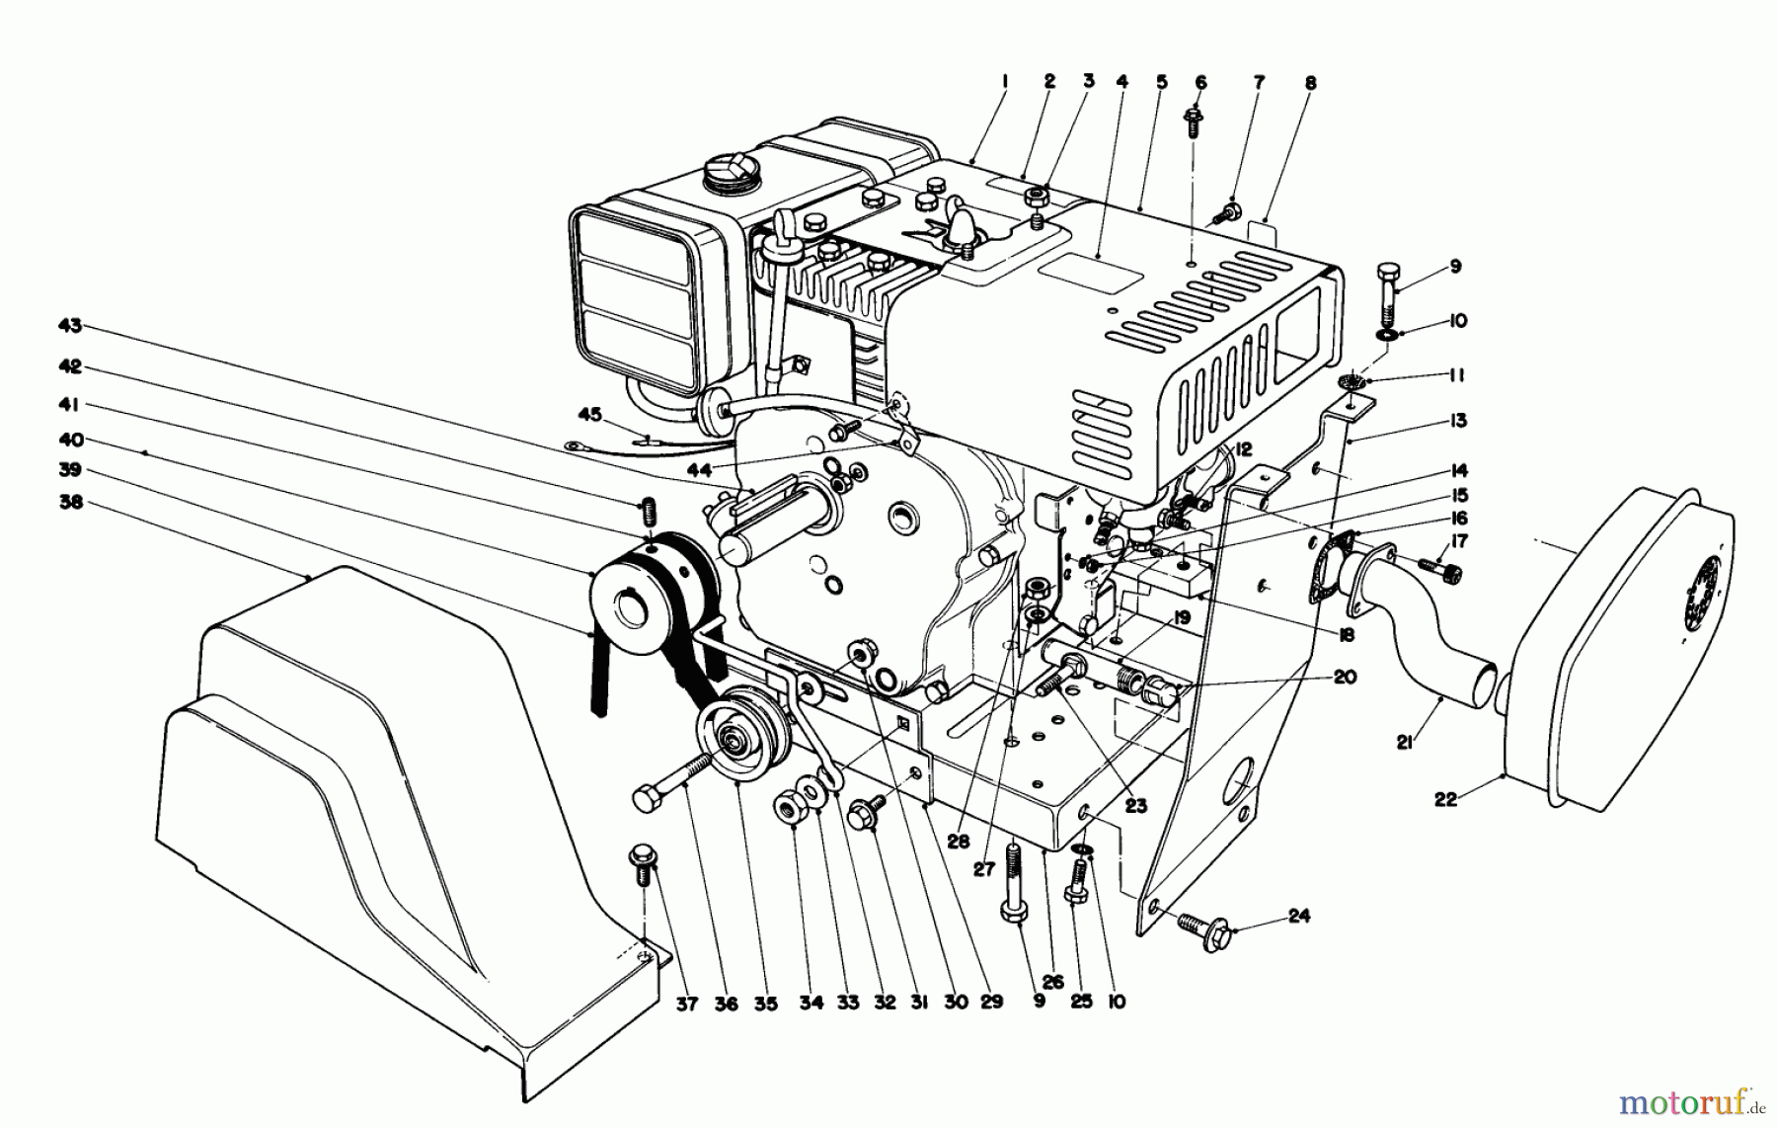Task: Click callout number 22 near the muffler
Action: [1445, 800]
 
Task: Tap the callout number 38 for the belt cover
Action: [71, 503]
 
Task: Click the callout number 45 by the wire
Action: [589, 415]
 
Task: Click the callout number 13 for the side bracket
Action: [1458, 422]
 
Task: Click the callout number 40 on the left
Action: [71, 440]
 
